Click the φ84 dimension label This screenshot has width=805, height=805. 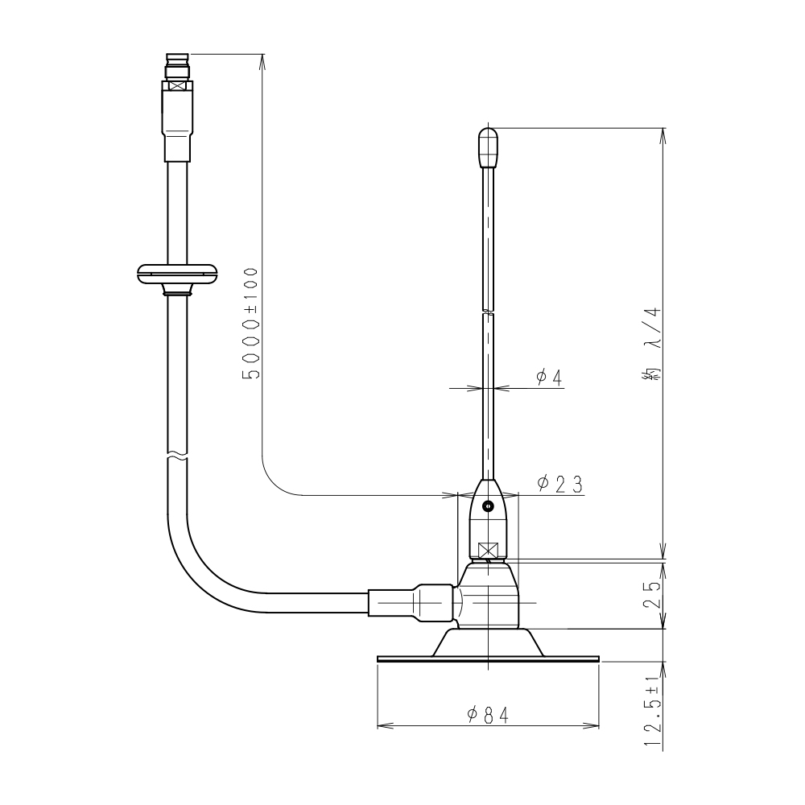tap(489, 714)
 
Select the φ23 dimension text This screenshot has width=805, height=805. tap(560, 484)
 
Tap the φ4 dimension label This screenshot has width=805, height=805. tap(549, 378)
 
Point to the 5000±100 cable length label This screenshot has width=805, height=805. tap(251, 324)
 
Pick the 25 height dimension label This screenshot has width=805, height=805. tap(652, 595)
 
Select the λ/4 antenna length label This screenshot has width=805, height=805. tap(652, 344)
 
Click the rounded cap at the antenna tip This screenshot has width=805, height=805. tap(489, 148)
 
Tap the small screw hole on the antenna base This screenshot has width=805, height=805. tap(488, 506)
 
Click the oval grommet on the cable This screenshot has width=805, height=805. tap(177, 273)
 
